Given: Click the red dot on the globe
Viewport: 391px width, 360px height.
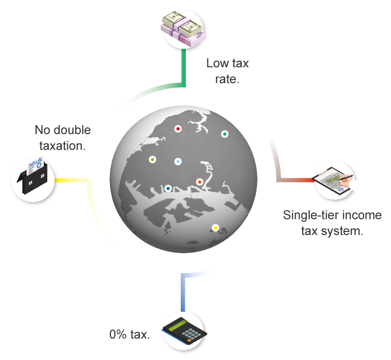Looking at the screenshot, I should (x=178, y=129).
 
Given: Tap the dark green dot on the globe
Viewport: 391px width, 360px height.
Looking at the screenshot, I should (x=225, y=134).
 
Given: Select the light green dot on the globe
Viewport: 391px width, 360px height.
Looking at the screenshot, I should (x=153, y=159).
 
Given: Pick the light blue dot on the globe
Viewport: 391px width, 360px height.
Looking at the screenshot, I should (x=178, y=161).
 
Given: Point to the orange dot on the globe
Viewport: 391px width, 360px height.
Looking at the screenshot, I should (x=199, y=182).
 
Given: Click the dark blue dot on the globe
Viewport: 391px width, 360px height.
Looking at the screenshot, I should (x=168, y=189).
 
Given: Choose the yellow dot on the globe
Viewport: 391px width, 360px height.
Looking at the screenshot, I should (x=215, y=227).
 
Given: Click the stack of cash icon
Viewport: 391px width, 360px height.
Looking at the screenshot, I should (x=184, y=29).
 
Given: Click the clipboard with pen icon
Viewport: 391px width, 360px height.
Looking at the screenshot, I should (x=336, y=179).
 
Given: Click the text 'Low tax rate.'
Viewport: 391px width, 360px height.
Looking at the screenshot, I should (x=227, y=71).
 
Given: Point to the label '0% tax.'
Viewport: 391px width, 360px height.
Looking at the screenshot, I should (x=129, y=335).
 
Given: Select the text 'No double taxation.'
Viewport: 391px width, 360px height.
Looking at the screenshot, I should (x=62, y=138).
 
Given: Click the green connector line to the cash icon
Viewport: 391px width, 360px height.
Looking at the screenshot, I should (x=184, y=70).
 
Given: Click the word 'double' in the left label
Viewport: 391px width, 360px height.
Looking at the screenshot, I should (x=72, y=131).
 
